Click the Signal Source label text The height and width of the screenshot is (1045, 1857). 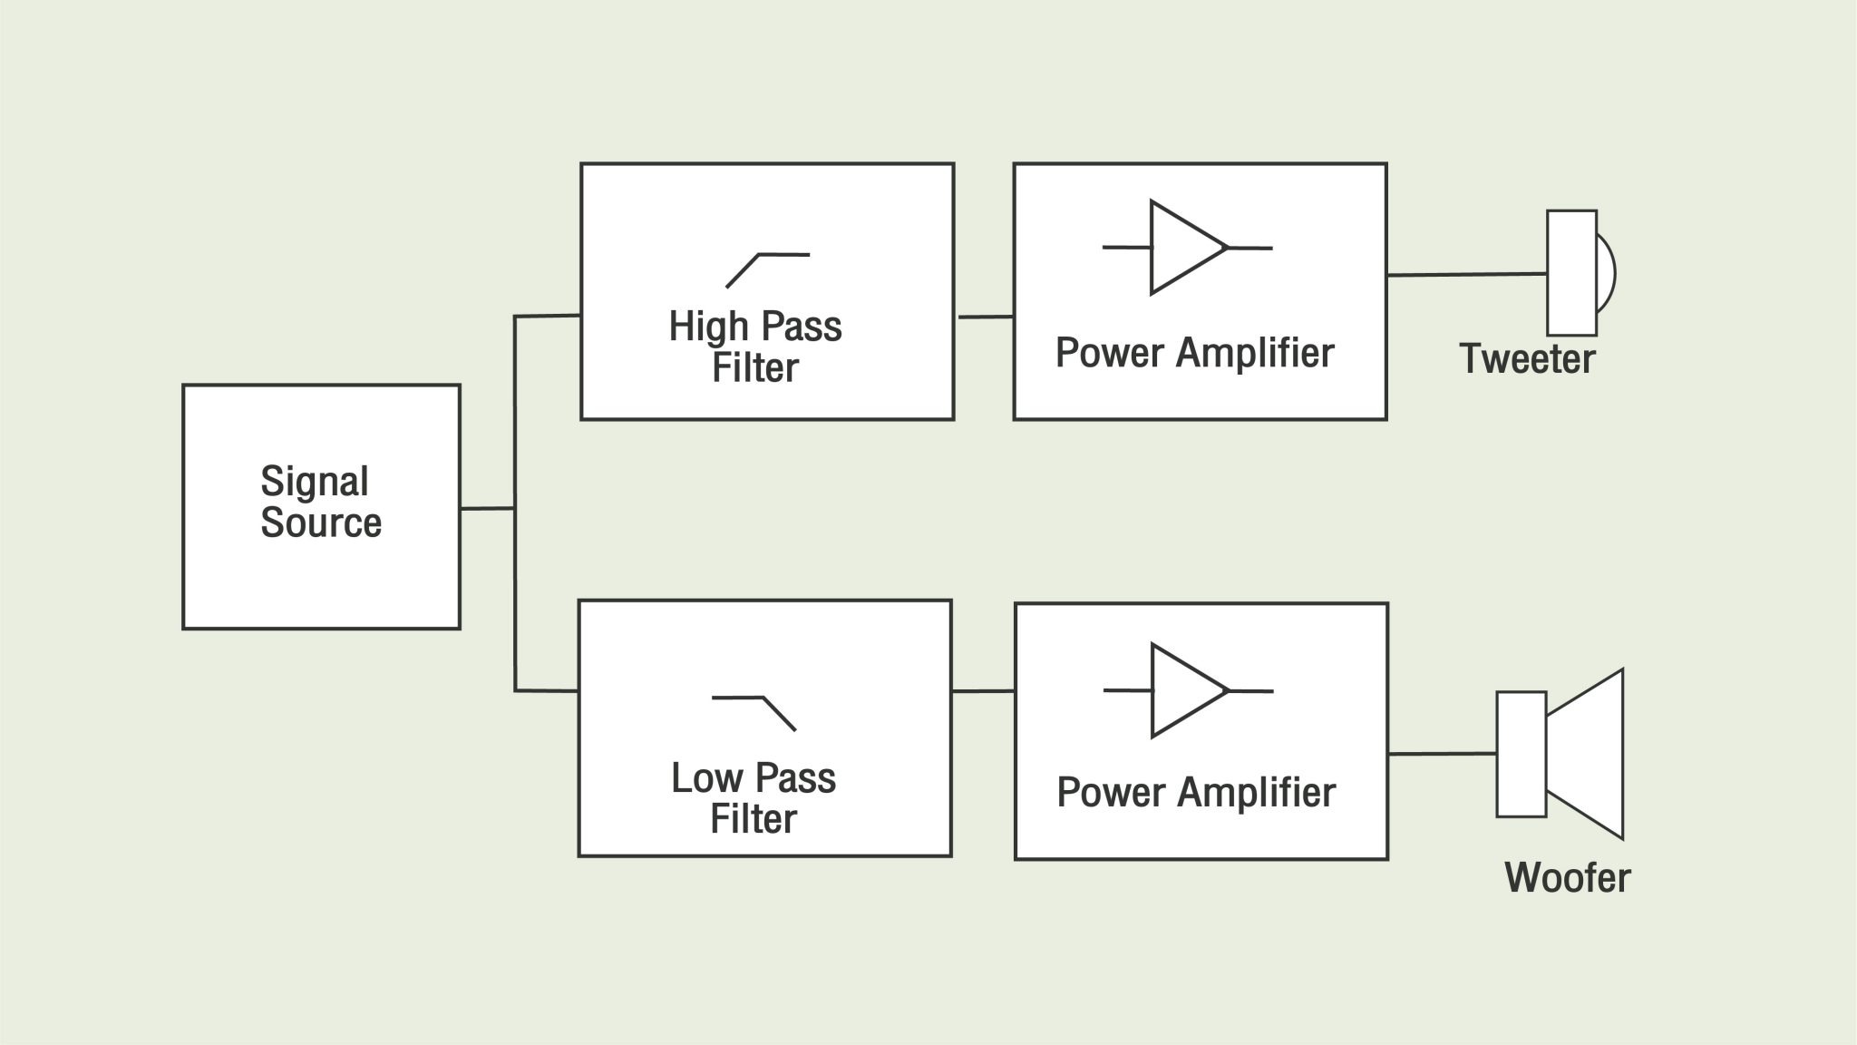(x=321, y=502)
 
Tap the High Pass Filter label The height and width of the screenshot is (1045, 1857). (x=755, y=347)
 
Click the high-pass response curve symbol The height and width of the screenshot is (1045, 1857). (x=767, y=269)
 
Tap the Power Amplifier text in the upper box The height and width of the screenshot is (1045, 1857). (x=1195, y=353)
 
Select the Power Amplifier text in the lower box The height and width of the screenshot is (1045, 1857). (x=1196, y=792)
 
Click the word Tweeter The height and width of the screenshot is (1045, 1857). (x=1527, y=358)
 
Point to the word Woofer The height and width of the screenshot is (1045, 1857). (x=1567, y=877)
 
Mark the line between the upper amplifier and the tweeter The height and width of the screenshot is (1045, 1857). (x=1466, y=274)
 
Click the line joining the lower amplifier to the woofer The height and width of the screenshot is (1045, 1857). (x=1442, y=753)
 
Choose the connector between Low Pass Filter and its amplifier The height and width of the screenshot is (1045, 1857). (x=983, y=691)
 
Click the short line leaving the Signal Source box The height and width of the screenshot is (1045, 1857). (x=487, y=508)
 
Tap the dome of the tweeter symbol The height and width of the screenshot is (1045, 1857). (x=1606, y=273)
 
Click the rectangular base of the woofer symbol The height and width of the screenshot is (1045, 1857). (x=1521, y=754)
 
